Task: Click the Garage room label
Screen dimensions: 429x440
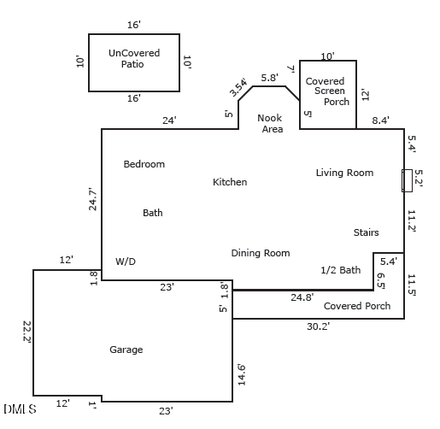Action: (x=126, y=350)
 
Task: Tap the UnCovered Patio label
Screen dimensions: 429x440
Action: (x=134, y=58)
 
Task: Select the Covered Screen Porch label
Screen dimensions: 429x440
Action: (x=327, y=91)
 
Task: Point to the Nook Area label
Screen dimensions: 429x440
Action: (x=271, y=124)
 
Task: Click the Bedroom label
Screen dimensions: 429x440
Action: (x=144, y=164)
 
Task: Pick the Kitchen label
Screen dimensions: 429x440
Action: (x=230, y=182)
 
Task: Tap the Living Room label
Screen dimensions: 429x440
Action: (x=344, y=173)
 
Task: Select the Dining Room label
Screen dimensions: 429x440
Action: (x=260, y=253)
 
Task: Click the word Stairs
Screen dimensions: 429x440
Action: (x=366, y=232)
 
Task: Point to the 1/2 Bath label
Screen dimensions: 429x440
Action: (x=340, y=270)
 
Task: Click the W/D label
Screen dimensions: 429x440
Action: (x=126, y=262)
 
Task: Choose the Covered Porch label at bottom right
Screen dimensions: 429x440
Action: (x=356, y=306)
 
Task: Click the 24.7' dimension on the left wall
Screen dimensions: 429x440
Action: (x=93, y=199)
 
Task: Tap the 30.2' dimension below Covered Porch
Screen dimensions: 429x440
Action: (x=318, y=326)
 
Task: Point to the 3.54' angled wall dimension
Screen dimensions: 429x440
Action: (x=238, y=87)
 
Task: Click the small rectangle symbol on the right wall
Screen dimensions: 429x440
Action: (x=408, y=180)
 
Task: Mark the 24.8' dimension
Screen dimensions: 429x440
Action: (x=302, y=297)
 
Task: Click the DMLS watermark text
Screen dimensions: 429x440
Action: (x=19, y=409)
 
